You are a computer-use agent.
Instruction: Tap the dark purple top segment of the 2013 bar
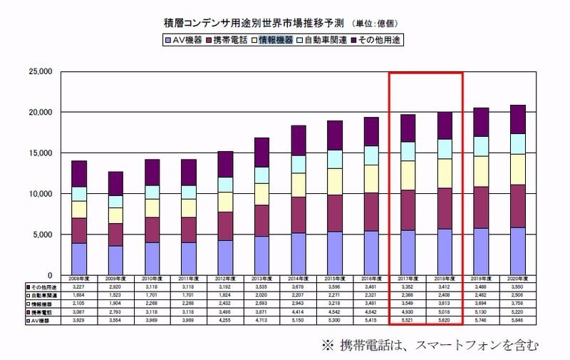pos(261,153)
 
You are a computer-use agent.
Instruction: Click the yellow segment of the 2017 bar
pos(408,176)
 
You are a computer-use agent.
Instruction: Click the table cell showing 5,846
pos(518,322)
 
